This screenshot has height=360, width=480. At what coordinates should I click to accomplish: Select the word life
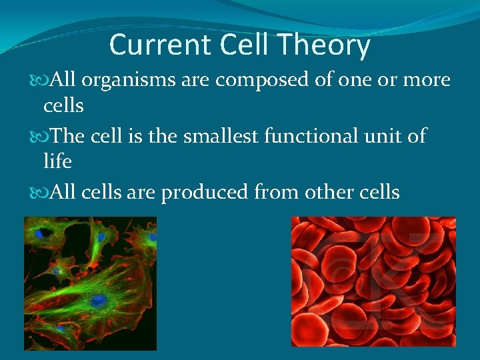tap(57, 161)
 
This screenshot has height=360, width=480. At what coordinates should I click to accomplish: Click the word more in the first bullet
tap(427, 81)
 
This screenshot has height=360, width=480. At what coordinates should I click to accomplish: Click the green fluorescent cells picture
tap(90, 283)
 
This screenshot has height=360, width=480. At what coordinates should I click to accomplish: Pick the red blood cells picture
tap(373, 281)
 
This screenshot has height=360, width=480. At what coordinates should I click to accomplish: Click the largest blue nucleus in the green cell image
tap(98, 301)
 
